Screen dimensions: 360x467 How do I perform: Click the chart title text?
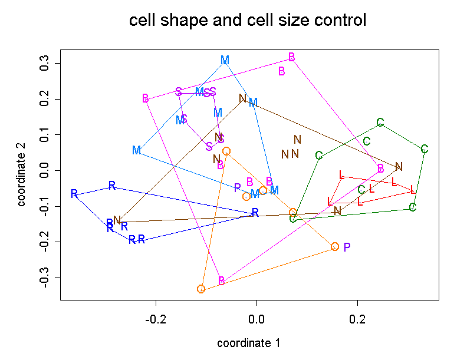[x=248, y=21]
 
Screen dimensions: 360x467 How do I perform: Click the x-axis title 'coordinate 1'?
[x=248, y=343]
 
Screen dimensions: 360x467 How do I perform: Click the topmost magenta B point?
[x=291, y=57]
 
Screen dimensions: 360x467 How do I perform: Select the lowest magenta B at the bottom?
[x=221, y=281]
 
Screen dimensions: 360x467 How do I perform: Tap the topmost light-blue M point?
[x=225, y=60]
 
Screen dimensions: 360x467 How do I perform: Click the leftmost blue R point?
[x=74, y=194]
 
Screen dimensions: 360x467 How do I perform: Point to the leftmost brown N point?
[x=117, y=220]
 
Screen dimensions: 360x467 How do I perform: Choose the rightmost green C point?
[x=425, y=149]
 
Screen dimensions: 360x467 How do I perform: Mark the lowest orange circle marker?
[x=201, y=289]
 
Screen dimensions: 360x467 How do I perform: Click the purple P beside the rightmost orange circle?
[x=347, y=247]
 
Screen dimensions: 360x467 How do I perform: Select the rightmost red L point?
[x=413, y=190]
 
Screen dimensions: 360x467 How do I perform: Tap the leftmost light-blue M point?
[x=136, y=150]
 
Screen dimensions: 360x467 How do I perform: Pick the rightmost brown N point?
[x=399, y=166]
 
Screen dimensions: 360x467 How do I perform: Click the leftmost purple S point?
[x=179, y=92]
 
